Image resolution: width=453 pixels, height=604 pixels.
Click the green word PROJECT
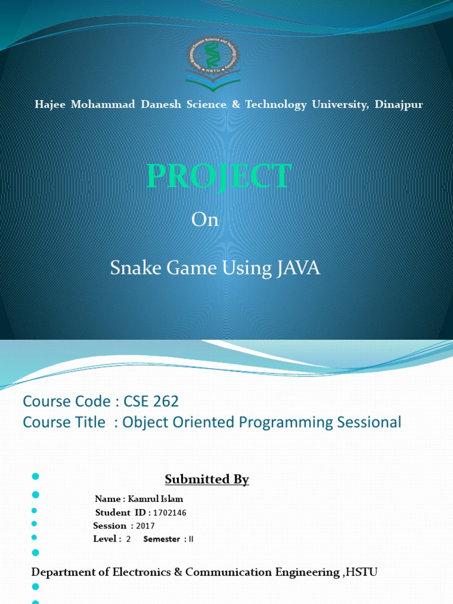[219, 176]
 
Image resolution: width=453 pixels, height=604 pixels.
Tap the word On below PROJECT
[205, 220]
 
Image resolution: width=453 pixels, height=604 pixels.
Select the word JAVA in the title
[297, 268]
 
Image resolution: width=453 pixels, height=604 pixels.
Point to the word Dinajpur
[398, 105]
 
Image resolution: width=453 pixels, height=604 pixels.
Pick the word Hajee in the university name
[50, 105]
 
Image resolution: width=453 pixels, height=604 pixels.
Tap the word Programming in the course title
[282, 422]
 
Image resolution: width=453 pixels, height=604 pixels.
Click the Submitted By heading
[207, 480]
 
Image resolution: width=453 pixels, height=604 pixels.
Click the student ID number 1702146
[169, 513]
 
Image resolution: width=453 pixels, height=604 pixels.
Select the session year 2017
[145, 526]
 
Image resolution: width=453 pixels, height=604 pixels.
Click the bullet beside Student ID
[34, 510]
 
